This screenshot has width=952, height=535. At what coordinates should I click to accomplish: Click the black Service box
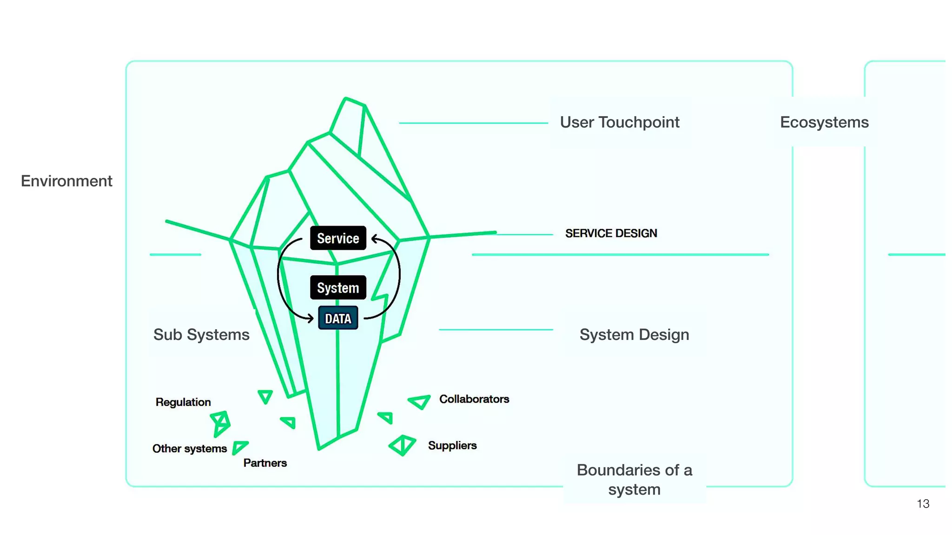pos(338,238)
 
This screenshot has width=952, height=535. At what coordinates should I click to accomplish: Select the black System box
pos(338,288)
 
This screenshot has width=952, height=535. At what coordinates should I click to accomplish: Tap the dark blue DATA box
pos(338,319)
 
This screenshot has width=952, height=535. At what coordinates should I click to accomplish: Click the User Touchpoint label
pos(619,122)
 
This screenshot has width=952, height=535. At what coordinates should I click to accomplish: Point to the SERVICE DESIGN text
pos(611,233)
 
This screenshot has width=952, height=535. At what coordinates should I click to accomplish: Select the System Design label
pos(634,334)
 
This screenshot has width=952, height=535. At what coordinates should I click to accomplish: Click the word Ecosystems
pos(824,122)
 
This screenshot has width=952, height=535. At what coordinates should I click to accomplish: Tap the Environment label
pos(66,181)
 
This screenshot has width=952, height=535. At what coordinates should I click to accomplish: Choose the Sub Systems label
pos(201,334)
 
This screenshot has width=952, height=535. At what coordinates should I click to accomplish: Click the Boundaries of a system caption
pos(634,480)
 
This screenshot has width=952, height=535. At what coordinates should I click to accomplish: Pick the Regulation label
pos(183,402)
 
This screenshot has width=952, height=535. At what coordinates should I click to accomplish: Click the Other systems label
pos(190,449)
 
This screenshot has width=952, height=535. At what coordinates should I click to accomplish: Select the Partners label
pos(265,463)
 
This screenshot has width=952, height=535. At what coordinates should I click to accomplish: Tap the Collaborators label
pos(474,399)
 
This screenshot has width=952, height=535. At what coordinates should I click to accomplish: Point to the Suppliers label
pos(452,445)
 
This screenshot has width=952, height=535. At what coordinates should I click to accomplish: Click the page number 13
pos(923,503)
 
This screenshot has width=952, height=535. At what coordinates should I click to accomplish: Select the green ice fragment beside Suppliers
pos(403,445)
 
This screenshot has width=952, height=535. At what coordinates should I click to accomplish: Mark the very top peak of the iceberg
pos(346,98)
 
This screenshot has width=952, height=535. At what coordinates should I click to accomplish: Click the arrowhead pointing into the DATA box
pos(311,318)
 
